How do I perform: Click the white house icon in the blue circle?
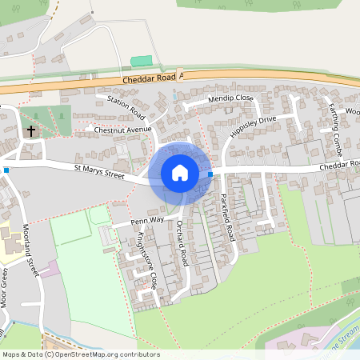(x=180, y=173)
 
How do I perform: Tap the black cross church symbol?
(x=31, y=130)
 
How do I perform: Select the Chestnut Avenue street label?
(x=122, y=129)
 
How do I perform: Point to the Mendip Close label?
(x=230, y=98)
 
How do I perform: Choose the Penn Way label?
(x=147, y=218)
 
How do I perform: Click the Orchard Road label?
(x=182, y=239)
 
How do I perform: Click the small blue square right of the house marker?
(x=210, y=174)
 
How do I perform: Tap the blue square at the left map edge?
(x=6, y=170)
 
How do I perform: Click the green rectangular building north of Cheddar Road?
(x=141, y=61)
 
